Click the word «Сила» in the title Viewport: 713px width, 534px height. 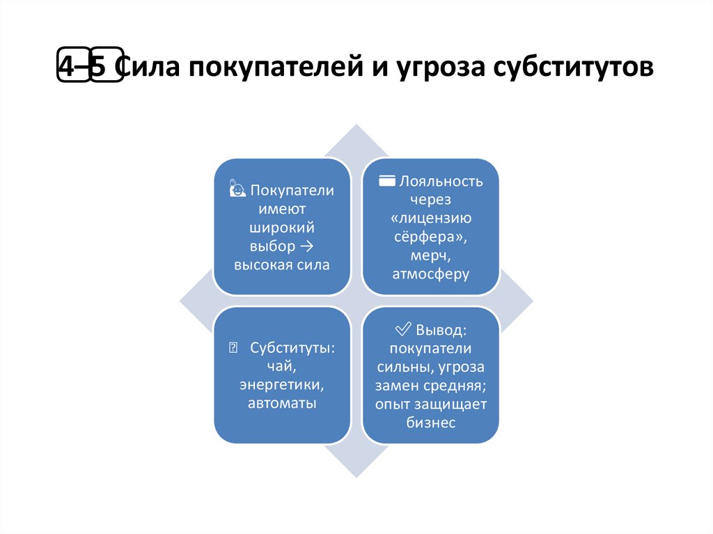coord(146,70)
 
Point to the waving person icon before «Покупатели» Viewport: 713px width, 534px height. coord(237,189)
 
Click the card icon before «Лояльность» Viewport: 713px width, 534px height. coord(387,182)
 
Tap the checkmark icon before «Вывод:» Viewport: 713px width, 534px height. coord(404,329)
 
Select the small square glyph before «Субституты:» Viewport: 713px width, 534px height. coord(233,347)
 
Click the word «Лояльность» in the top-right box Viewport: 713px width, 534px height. coord(441,182)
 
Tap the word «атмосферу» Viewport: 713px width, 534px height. coord(431,274)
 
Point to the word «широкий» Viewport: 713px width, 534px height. coord(282,228)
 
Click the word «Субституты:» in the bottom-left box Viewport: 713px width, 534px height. coord(293,347)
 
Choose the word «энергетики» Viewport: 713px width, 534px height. coord(282,385)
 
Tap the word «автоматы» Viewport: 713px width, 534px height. coord(282,403)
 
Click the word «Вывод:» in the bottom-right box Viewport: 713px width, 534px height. coord(442,329)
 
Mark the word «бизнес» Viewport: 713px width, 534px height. coord(431,423)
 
